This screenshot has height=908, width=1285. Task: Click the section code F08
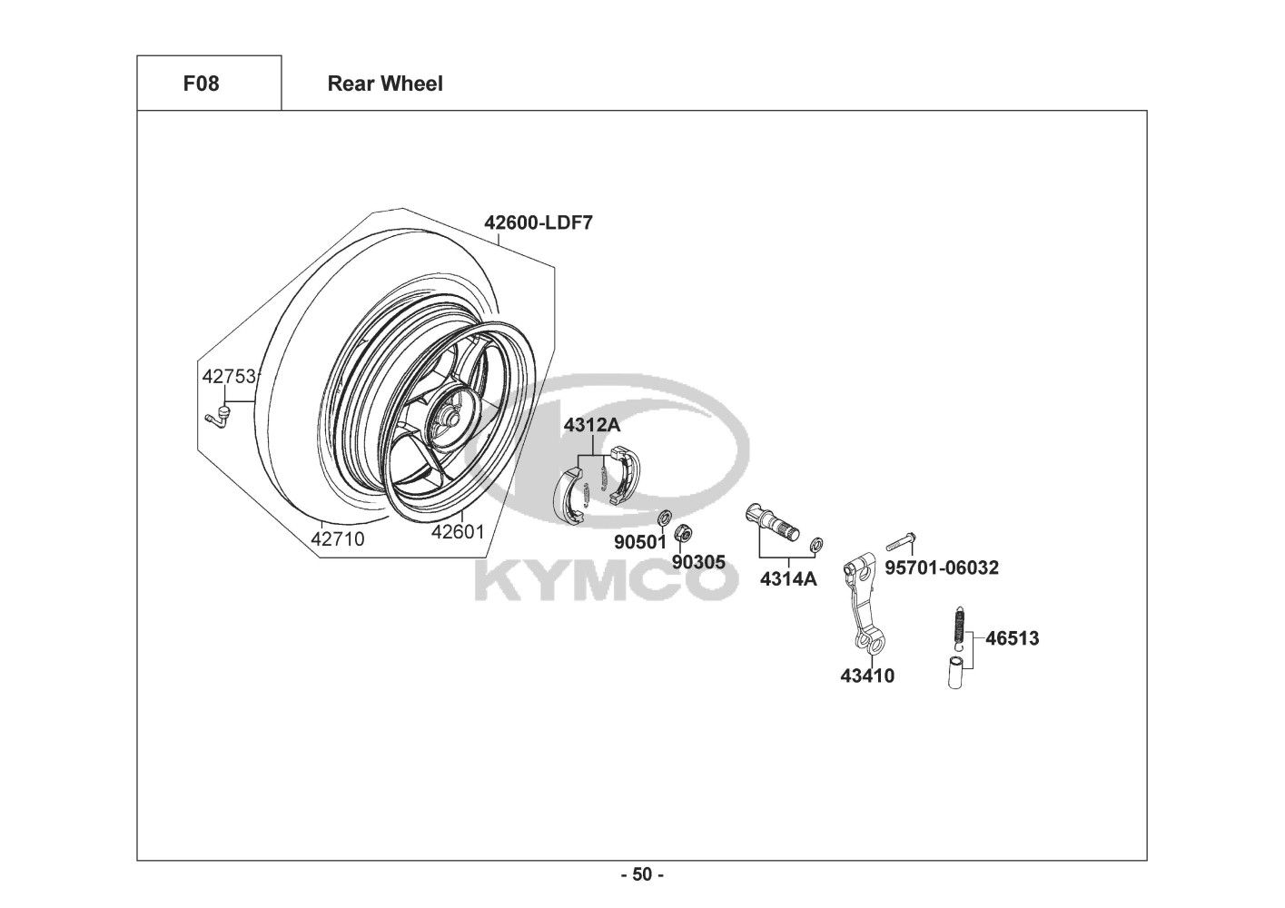click(x=201, y=84)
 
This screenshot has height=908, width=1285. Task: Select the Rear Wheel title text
click(x=385, y=84)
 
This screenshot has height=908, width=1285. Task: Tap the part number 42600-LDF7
click(x=539, y=222)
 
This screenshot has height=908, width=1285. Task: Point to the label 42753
click(x=228, y=376)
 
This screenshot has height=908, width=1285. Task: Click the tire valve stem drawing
click(x=217, y=415)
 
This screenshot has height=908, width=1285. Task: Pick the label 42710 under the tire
click(x=337, y=539)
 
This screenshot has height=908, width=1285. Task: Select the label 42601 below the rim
click(x=458, y=532)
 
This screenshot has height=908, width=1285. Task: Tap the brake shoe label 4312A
click(x=592, y=425)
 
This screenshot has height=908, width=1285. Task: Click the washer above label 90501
click(x=665, y=518)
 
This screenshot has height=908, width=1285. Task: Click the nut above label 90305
click(x=682, y=533)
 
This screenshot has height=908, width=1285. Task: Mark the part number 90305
click(x=698, y=562)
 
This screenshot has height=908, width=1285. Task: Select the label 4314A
click(x=789, y=579)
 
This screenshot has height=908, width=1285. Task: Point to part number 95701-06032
click(x=942, y=567)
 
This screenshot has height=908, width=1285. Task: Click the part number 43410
click(x=867, y=676)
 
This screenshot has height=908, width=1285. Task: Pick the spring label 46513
click(x=1013, y=638)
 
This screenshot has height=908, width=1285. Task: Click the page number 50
click(x=643, y=874)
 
